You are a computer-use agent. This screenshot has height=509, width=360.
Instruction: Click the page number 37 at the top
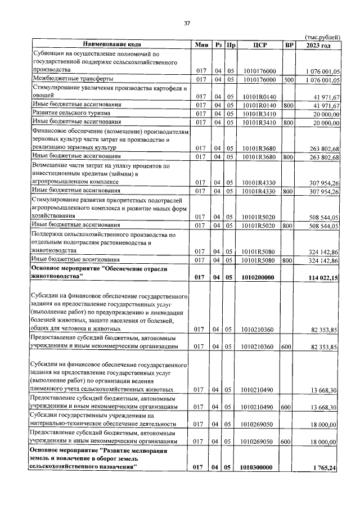click(x=187, y=23)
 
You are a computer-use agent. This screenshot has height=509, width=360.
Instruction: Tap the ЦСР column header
click(x=259, y=44)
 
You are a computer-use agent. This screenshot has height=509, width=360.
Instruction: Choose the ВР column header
click(x=289, y=44)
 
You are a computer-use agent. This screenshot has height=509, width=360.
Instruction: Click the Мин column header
click(x=201, y=44)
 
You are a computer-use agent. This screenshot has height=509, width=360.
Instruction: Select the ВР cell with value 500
click(x=289, y=80)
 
